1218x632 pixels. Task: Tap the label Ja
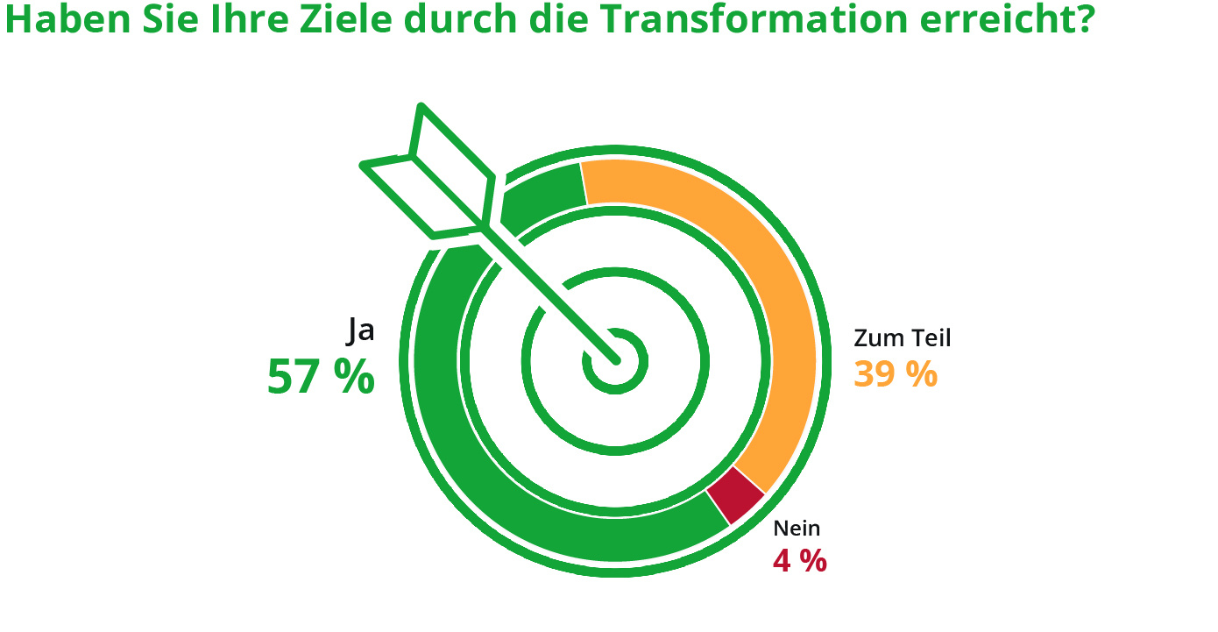coord(361,330)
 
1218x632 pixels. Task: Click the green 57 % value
coord(321,377)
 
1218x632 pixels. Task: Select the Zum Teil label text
coord(902,338)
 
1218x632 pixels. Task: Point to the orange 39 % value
coord(896,374)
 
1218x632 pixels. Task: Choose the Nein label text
coord(797,529)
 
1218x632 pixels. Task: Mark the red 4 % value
coord(799,561)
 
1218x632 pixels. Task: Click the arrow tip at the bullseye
coord(614,359)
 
